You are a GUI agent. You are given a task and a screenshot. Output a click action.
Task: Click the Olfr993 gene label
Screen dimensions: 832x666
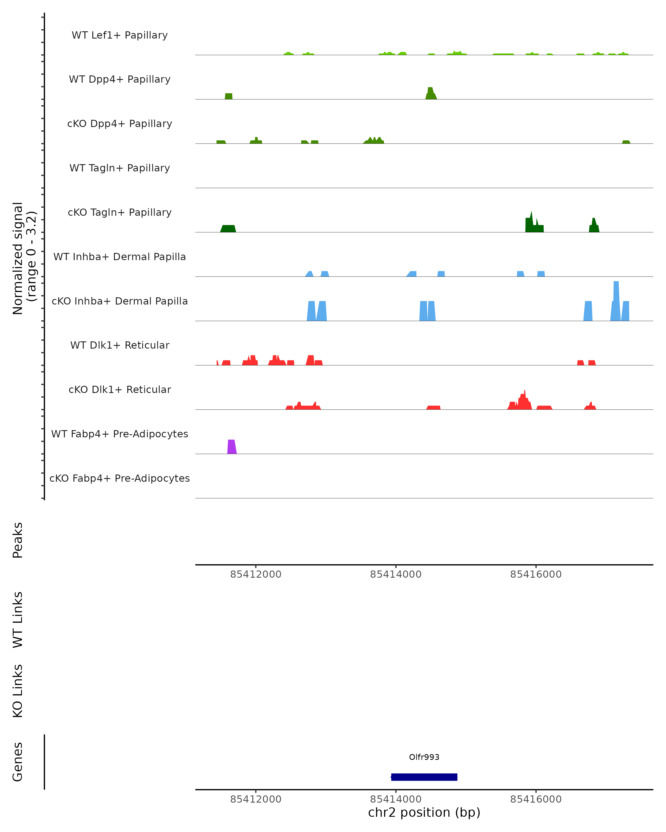click(424, 757)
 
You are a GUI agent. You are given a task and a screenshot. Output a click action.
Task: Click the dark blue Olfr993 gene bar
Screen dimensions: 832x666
click(424, 777)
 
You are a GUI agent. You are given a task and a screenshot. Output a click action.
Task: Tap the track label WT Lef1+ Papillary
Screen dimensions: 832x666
click(120, 35)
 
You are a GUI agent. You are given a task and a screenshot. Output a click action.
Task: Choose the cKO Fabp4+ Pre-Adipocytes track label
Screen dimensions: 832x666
click(120, 478)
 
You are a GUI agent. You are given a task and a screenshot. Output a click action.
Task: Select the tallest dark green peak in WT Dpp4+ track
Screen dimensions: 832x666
click(430, 93)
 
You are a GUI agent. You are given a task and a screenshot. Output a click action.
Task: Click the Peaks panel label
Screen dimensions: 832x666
click(18, 540)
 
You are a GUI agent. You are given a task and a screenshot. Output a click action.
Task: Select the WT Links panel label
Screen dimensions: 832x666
click(18, 620)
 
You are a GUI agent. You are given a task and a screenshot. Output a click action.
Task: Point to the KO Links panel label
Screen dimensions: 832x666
click(18, 691)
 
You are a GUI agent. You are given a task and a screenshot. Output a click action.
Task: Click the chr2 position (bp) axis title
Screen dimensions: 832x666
click(424, 812)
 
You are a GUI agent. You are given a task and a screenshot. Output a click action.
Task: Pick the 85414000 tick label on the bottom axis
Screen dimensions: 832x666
click(396, 799)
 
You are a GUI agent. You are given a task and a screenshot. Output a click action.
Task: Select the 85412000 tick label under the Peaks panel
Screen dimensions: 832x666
click(256, 574)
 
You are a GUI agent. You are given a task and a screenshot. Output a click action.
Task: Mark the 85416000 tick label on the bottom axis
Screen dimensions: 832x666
click(536, 799)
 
